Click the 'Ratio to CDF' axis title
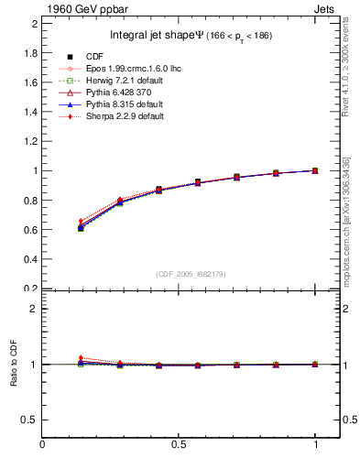click(x=14, y=364)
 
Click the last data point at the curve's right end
click(x=315, y=170)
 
